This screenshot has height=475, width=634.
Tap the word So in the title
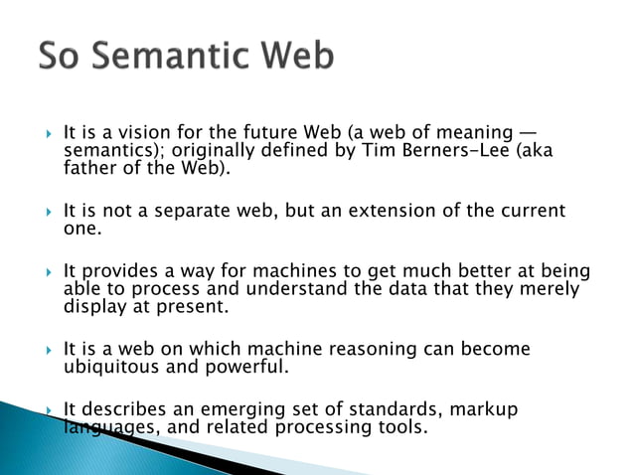pos(64,57)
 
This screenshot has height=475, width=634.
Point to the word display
pos(94,307)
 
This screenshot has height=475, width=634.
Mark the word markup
pos(484,410)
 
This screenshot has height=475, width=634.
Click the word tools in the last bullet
pos(403,428)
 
